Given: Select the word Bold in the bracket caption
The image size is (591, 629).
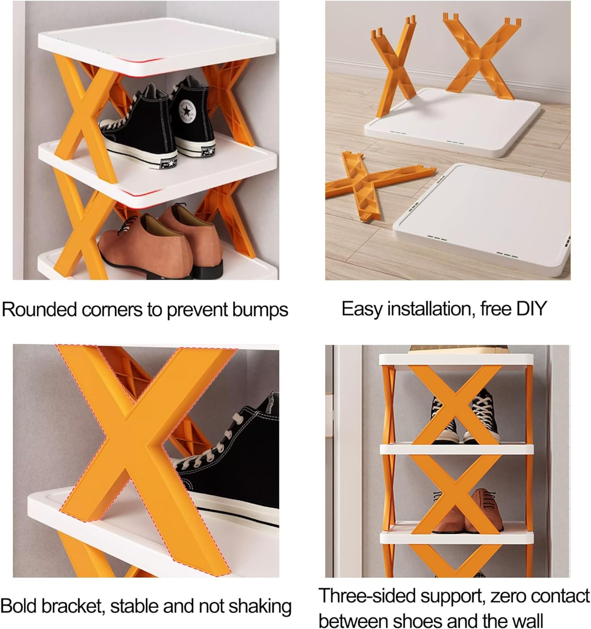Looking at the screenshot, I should tap(18, 606).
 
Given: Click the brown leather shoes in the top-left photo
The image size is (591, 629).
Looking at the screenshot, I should tap(168, 243).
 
